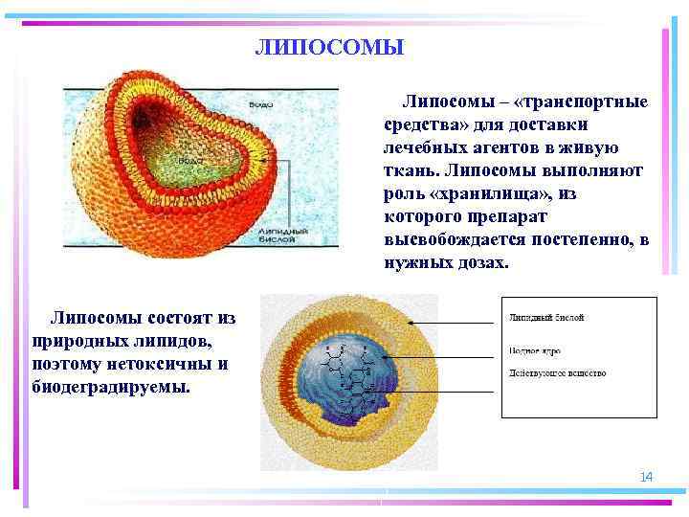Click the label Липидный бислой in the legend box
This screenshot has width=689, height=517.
[545, 317]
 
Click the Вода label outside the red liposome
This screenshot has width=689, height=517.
[261, 103]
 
